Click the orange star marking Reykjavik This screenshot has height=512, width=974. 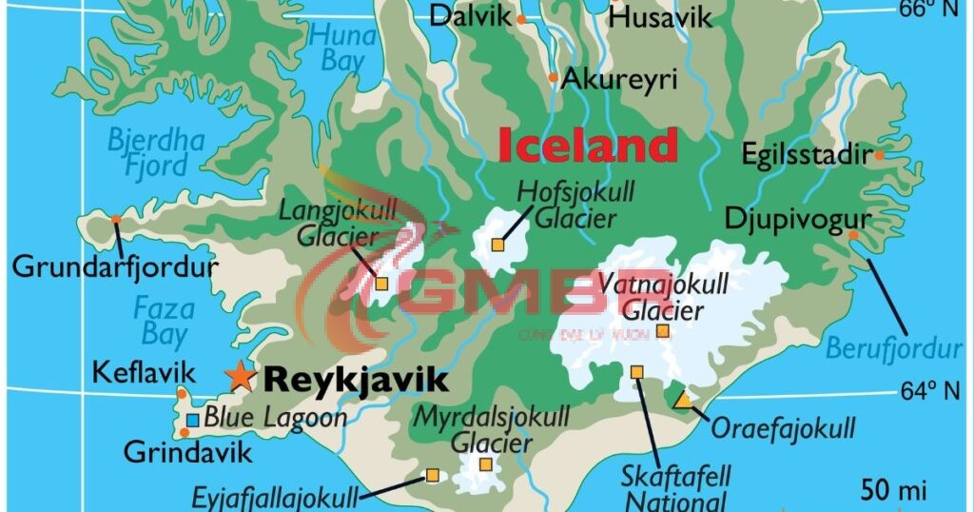pyautogui.click(x=241, y=377)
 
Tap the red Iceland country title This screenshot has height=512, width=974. pyautogui.click(x=588, y=146)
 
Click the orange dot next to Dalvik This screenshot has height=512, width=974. pyautogui.click(x=522, y=19)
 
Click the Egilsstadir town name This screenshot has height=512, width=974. pyautogui.click(x=807, y=155)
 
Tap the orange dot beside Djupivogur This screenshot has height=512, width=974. pyautogui.click(x=853, y=235)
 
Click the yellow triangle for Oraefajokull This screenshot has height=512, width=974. pyautogui.click(x=683, y=400)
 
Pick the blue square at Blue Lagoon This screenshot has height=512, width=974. pyautogui.click(x=193, y=419)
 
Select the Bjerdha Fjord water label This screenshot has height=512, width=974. pyautogui.click(x=155, y=153)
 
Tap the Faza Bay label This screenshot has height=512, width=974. pyautogui.click(x=164, y=321)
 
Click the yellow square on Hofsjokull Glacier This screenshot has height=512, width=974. pyautogui.click(x=497, y=246)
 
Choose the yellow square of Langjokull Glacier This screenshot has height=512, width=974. pyautogui.click(x=381, y=283)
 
